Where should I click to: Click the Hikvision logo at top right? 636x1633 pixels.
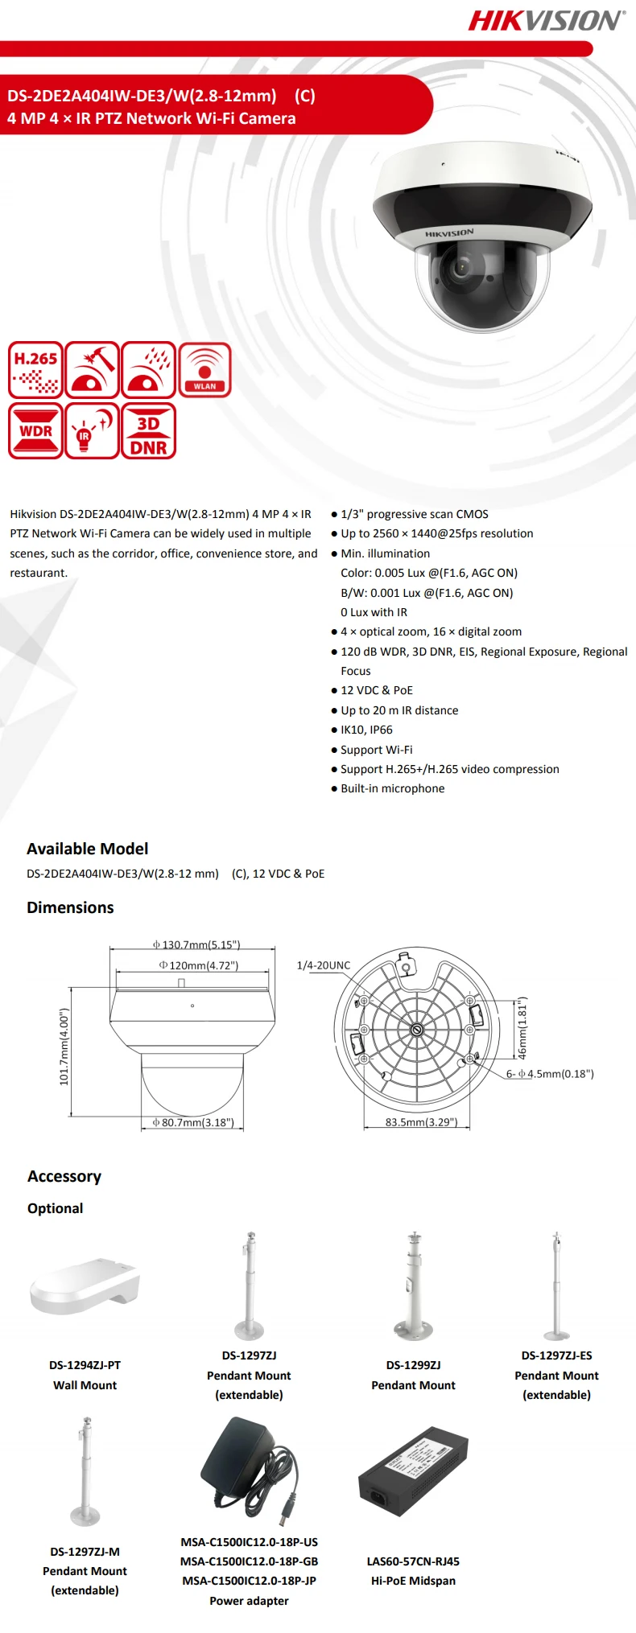(546, 20)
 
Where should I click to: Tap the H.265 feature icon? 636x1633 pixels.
(35, 370)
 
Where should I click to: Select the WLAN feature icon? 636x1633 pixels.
(204, 370)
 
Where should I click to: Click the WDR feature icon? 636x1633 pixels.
(35, 431)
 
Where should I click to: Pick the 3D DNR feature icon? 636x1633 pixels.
(148, 431)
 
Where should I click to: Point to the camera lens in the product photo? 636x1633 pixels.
(461, 266)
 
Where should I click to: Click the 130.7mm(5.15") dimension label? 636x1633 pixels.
(196, 944)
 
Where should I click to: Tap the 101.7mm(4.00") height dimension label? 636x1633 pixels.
(64, 1047)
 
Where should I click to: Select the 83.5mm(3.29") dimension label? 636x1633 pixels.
(421, 1121)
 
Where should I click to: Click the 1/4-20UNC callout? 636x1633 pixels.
(324, 965)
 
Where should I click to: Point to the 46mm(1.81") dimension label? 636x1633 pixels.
(522, 1029)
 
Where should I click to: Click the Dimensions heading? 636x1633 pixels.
(70, 907)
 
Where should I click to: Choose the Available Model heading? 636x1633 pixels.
(87, 849)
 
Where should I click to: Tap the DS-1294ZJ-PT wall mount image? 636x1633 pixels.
(85, 1286)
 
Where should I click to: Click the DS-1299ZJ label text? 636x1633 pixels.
(413, 1365)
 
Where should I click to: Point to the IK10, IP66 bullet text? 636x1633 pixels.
(366, 730)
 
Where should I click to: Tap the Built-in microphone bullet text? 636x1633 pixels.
(392, 788)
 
